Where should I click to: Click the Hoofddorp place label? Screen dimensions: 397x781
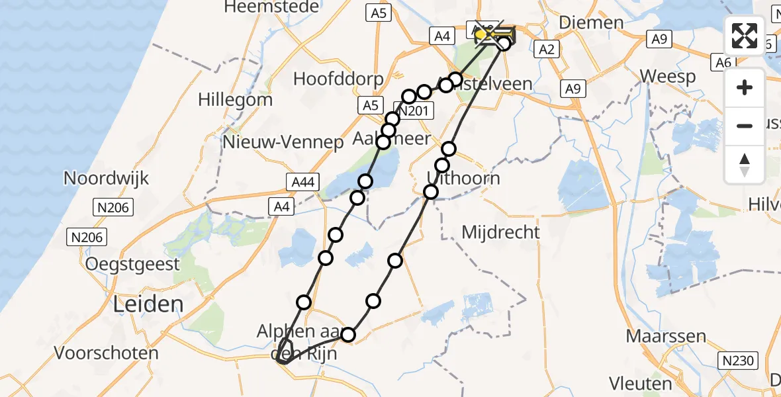[x=338, y=79]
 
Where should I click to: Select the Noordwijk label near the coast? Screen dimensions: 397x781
[x=106, y=178]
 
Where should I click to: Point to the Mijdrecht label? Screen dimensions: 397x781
[x=500, y=232]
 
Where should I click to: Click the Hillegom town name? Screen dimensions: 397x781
[x=235, y=100]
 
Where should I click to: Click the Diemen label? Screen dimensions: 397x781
[x=591, y=22]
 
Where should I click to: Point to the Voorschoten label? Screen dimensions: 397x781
[x=107, y=353]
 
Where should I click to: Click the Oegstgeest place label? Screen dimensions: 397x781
[x=132, y=265]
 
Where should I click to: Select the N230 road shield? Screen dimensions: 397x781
[x=739, y=360]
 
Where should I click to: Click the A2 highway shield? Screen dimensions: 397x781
[x=547, y=48]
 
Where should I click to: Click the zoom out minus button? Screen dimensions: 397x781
[x=745, y=126]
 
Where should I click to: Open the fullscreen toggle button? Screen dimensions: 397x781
[x=745, y=36]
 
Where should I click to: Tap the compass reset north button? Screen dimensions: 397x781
[x=745, y=164]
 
